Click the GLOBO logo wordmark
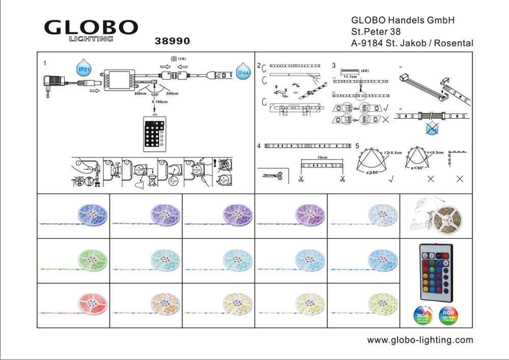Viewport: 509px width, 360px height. (91, 28)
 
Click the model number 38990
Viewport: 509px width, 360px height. (172, 40)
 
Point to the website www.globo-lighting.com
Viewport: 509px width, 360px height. (420, 340)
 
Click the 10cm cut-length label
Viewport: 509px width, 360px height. (322, 158)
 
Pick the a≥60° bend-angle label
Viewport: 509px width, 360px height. (372, 173)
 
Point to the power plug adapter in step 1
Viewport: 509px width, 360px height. (53, 82)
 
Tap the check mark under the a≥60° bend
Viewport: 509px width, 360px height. (391, 179)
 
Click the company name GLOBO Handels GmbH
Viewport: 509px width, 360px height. (403, 20)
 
